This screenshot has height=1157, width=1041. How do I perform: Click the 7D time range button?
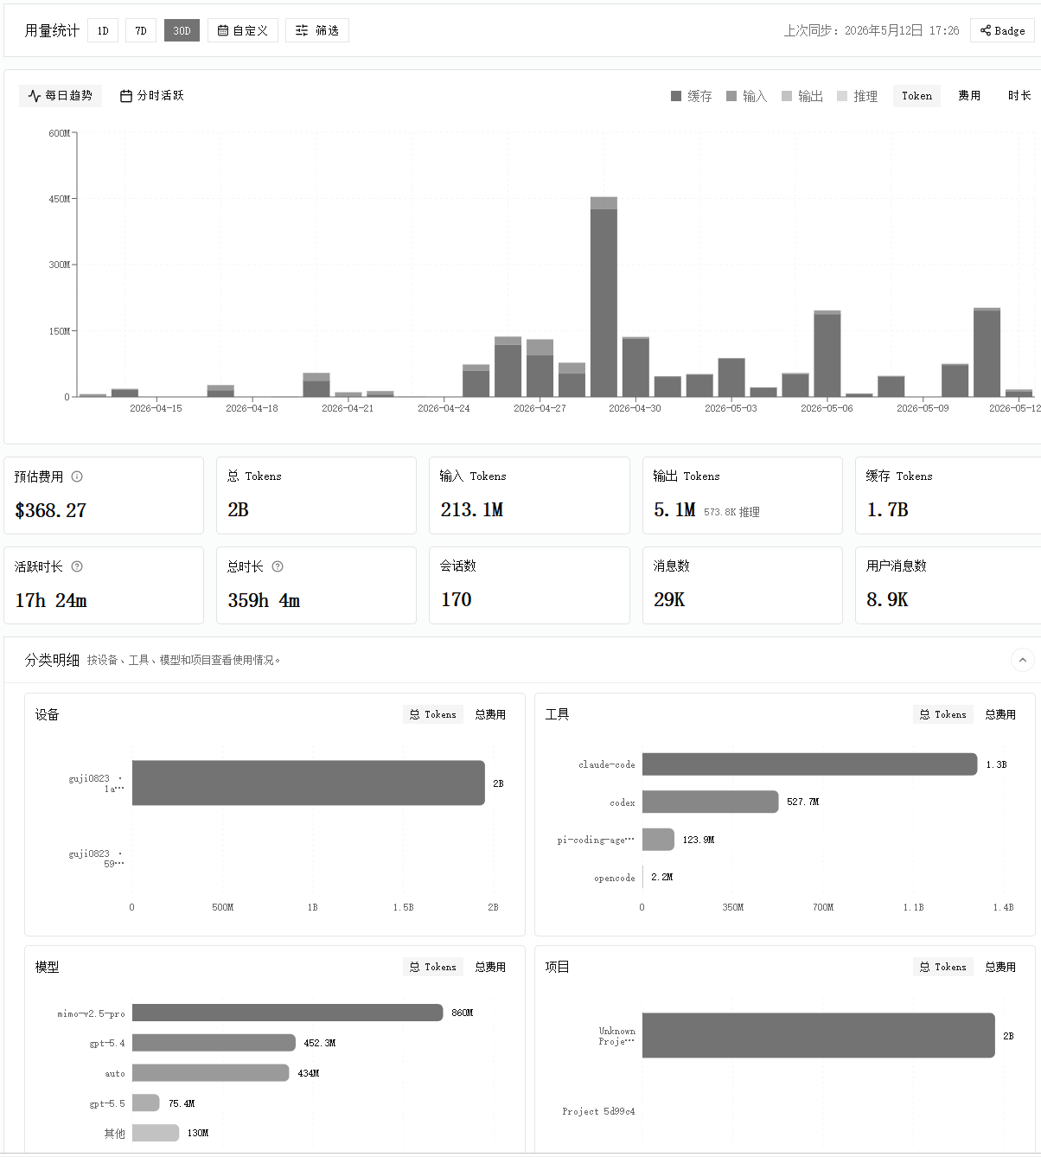pos(141,30)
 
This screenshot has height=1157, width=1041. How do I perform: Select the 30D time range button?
pos(182,30)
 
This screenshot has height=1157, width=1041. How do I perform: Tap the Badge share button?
pos(1002,30)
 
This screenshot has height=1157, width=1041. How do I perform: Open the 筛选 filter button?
pos(317,30)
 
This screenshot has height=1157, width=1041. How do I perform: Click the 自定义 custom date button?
pos(243,30)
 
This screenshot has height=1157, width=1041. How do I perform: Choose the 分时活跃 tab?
pos(151,96)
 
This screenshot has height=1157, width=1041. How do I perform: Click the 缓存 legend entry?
pos(692,96)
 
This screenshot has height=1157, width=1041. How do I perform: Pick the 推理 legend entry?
pos(858,96)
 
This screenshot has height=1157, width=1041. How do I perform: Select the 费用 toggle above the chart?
pos(969,96)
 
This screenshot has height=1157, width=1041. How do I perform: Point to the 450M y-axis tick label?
pos(60,199)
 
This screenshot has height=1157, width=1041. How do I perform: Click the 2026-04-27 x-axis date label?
pos(540,408)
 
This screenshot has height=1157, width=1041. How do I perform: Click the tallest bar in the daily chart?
pos(604,297)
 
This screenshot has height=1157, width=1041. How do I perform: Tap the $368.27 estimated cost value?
pos(51,510)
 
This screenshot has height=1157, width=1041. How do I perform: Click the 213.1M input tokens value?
pos(472,510)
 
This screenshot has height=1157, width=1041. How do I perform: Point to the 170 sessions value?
pos(457,600)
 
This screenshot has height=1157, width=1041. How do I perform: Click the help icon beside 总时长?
pos(278,566)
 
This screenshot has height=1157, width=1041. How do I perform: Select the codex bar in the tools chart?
pos(711,802)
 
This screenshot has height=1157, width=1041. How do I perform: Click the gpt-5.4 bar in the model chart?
pos(214,1043)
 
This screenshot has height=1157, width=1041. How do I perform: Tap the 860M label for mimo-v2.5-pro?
pos(462,1013)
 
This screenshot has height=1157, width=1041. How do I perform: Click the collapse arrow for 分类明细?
pos(1023,660)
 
